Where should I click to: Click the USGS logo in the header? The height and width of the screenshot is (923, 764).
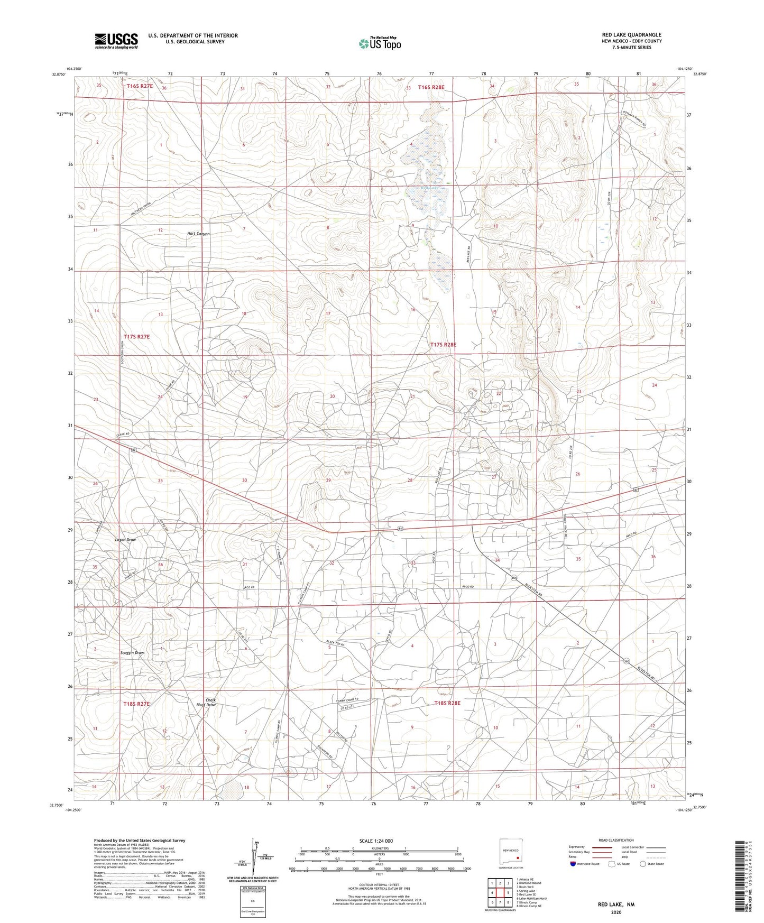click(116, 40)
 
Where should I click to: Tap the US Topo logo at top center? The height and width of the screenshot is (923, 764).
click(380, 43)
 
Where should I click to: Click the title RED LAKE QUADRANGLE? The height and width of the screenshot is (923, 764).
click(631, 35)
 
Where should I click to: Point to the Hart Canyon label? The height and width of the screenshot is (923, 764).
click(199, 234)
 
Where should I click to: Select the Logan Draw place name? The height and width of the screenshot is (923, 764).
click(126, 540)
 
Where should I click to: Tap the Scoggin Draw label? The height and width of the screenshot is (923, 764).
click(132, 653)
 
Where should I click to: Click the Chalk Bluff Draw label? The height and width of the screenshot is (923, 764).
click(206, 703)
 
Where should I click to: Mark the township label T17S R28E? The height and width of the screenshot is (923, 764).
click(443, 345)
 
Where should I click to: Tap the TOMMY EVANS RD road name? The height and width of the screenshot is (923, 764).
click(347, 700)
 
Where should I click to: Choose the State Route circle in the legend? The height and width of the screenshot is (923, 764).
click(643, 864)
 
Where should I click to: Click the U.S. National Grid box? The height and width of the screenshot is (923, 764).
click(252, 898)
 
